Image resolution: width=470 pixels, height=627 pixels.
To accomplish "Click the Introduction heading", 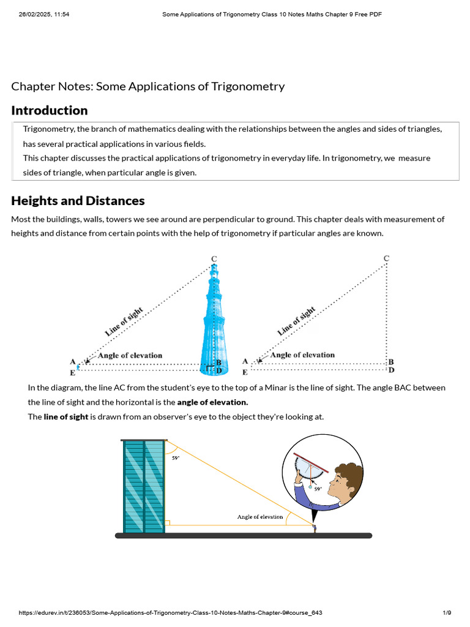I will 50,111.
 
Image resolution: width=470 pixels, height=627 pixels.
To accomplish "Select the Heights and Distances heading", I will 78,201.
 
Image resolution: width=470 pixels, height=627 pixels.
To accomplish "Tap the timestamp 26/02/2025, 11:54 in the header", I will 44,14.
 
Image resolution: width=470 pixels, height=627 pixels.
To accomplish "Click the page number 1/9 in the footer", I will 447,613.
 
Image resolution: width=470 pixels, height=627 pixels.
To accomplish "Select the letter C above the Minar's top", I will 214,259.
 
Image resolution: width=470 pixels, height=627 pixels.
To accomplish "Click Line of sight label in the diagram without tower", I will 297,321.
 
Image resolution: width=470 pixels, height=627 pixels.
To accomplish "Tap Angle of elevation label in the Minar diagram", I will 130,355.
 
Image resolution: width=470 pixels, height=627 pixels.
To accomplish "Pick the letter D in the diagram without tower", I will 392,370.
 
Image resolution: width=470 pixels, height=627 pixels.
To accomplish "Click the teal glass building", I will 144,487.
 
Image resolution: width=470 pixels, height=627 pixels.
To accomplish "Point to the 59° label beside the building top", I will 176,457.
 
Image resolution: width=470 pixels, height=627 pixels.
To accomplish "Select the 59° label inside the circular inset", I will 318,489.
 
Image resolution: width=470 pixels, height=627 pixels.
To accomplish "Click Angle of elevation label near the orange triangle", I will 260,517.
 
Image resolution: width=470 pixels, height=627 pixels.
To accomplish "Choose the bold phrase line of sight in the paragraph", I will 66,417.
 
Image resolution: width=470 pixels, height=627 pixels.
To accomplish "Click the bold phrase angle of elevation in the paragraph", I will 212,402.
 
